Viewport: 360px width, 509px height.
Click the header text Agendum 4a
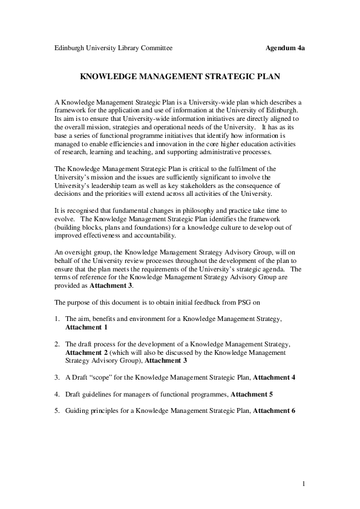(x=285, y=47)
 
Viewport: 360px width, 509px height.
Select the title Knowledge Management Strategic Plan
(x=180, y=77)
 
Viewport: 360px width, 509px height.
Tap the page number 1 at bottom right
(x=303, y=484)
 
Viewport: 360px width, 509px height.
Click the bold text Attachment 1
(x=86, y=326)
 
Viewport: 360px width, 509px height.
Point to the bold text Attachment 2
(x=86, y=352)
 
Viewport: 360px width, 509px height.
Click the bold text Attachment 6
(x=274, y=411)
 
